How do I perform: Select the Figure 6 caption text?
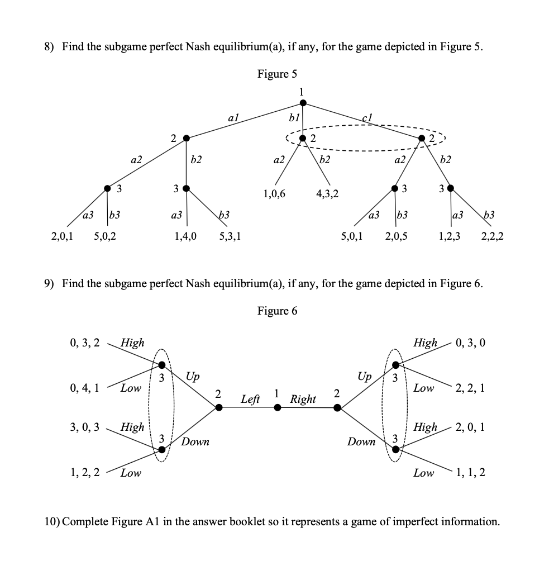pos(277,311)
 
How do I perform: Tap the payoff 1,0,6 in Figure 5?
pos(274,194)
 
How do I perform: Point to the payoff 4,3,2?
pos(327,194)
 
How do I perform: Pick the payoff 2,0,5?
pos(396,236)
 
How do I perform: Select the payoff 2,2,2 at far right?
pos(492,236)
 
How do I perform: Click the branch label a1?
pos(234,117)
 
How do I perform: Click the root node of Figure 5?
pos(303,102)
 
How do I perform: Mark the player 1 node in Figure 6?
pos(278,408)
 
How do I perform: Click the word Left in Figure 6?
pos(250,399)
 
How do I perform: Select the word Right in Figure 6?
pos(303,399)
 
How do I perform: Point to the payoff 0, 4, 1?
pos(84,387)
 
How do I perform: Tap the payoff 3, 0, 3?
pos(84,427)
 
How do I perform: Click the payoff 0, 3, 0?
pos(470,342)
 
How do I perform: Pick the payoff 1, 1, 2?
pos(470,473)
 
